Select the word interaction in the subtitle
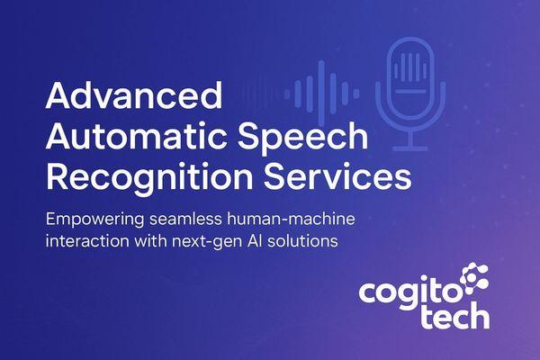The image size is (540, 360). pyautogui.click(x=82, y=242)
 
